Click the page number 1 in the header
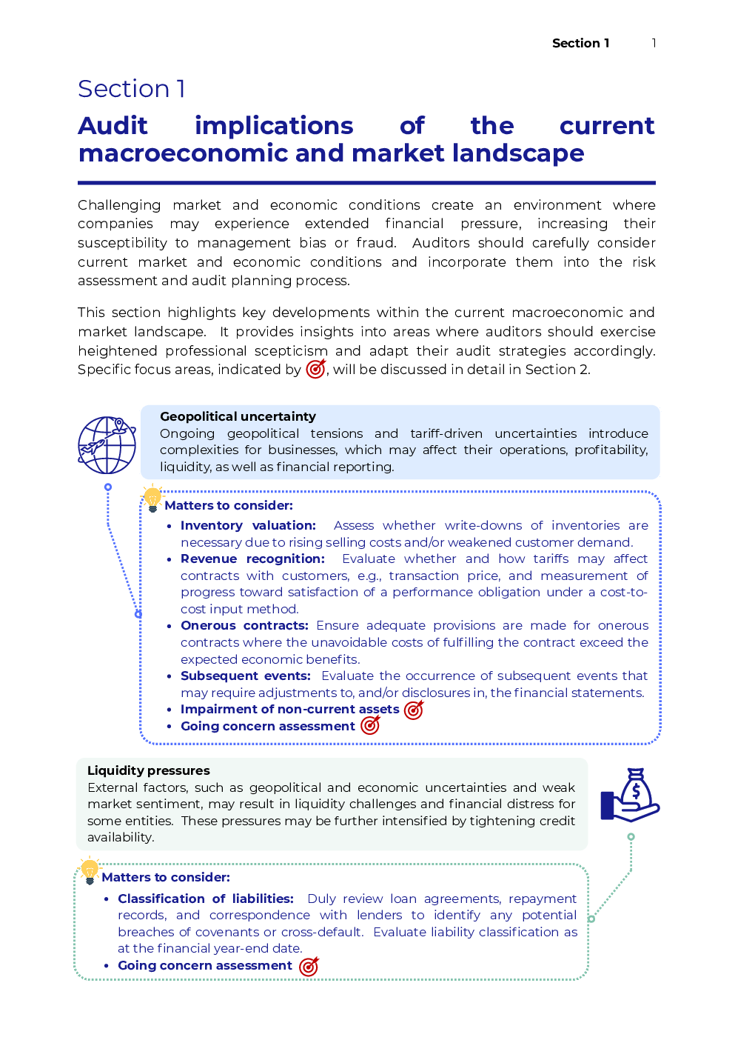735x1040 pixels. [x=654, y=43]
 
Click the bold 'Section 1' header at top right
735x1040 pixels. [x=580, y=43]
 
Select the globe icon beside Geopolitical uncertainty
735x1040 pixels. [x=107, y=444]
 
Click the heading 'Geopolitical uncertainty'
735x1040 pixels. [x=238, y=416]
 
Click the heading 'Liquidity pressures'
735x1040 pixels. [x=149, y=770]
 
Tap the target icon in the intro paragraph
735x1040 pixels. [x=316, y=368]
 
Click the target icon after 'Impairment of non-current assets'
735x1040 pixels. [x=414, y=710]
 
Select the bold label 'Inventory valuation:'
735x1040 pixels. [x=248, y=525]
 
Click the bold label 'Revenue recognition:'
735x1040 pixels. [x=252, y=559]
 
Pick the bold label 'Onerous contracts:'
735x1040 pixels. [x=244, y=625]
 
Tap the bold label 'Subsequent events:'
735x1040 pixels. [x=246, y=676]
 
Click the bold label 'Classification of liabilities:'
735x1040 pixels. [x=206, y=899]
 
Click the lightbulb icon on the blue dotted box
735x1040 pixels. [x=152, y=498]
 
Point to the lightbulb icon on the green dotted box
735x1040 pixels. [x=90, y=870]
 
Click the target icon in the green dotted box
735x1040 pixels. [x=309, y=966]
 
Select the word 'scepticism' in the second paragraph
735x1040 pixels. [x=291, y=350]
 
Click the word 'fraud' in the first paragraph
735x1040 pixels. [x=375, y=243]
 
